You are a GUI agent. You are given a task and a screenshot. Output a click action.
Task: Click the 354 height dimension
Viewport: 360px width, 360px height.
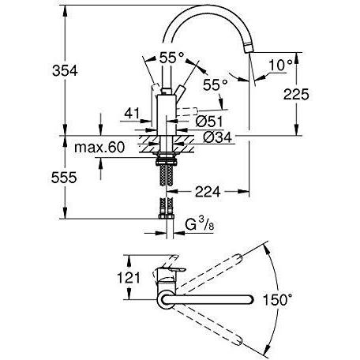coord(65,71)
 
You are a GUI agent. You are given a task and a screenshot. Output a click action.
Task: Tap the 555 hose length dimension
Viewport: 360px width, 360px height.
coord(64,178)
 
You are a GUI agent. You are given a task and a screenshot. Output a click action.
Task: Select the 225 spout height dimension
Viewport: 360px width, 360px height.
coord(296,94)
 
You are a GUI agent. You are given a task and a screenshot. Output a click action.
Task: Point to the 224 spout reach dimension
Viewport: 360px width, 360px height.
coord(208,192)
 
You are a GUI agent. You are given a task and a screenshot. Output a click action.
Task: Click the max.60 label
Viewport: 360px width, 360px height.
coord(99,148)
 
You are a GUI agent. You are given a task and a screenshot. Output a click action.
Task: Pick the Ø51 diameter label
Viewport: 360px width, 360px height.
coord(209,122)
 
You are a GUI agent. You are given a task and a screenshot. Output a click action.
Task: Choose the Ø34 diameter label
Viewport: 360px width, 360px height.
coord(217,137)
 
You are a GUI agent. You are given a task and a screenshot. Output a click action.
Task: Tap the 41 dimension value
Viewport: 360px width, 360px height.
coord(132,114)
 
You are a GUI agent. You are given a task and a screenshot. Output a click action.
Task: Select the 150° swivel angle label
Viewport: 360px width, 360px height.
coord(277,300)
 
